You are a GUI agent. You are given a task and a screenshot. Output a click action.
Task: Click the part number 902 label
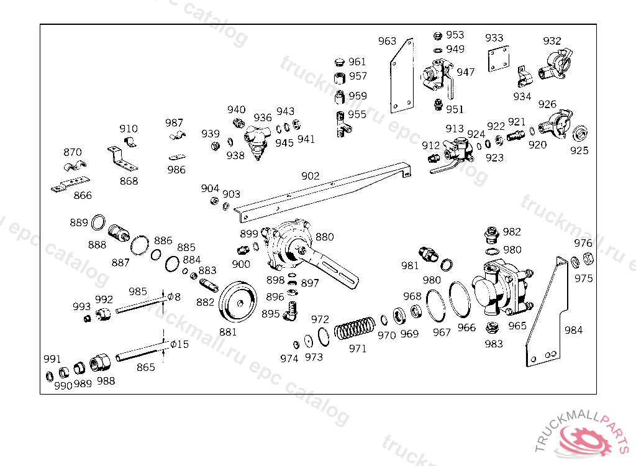click(x=311, y=176)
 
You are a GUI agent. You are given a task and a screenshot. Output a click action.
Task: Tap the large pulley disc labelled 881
click(x=238, y=302)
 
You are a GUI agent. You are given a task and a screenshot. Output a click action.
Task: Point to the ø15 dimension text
click(x=179, y=344)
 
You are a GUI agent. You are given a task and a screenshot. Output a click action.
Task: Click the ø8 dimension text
click(x=174, y=297)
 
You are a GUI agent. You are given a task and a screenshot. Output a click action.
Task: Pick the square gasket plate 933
click(x=499, y=58)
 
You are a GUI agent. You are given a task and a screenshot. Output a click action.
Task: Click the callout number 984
click(x=573, y=330)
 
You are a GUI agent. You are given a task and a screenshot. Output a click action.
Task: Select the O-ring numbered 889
click(x=98, y=222)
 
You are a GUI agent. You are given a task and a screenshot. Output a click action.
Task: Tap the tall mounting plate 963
click(x=402, y=76)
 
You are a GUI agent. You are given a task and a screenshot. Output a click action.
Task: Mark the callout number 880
click(x=324, y=237)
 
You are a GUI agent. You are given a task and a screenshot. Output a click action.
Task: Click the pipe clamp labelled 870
click(x=75, y=166)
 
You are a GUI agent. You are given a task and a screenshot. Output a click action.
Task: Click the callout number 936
click(x=263, y=117)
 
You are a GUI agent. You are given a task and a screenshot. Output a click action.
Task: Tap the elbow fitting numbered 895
click(x=291, y=311)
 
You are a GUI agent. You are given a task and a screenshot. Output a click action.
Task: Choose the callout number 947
click(x=466, y=72)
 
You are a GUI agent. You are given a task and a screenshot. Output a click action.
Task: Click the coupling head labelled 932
click(x=556, y=64)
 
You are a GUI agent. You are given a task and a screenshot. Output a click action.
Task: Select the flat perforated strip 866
click(x=71, y=184)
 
